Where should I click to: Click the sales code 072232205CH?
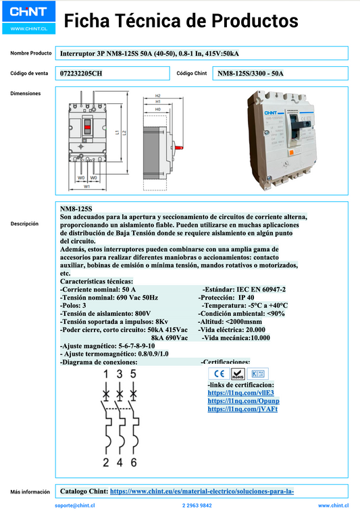(x=82, y=73)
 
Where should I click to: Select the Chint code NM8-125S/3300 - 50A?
(x=251, y=73)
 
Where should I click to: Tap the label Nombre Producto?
(x=31, y=53)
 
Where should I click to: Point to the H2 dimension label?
(x=157, y=96)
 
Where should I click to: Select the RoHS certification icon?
(x=238, y=373)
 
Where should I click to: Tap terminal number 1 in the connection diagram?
(x=105, y=373)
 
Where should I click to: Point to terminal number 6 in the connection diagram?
(x=134, y=462)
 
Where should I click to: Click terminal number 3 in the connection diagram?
(x=120, y=373)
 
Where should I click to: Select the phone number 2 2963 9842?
(x=197, y=505)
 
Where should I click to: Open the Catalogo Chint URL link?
(x=201, y=491)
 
